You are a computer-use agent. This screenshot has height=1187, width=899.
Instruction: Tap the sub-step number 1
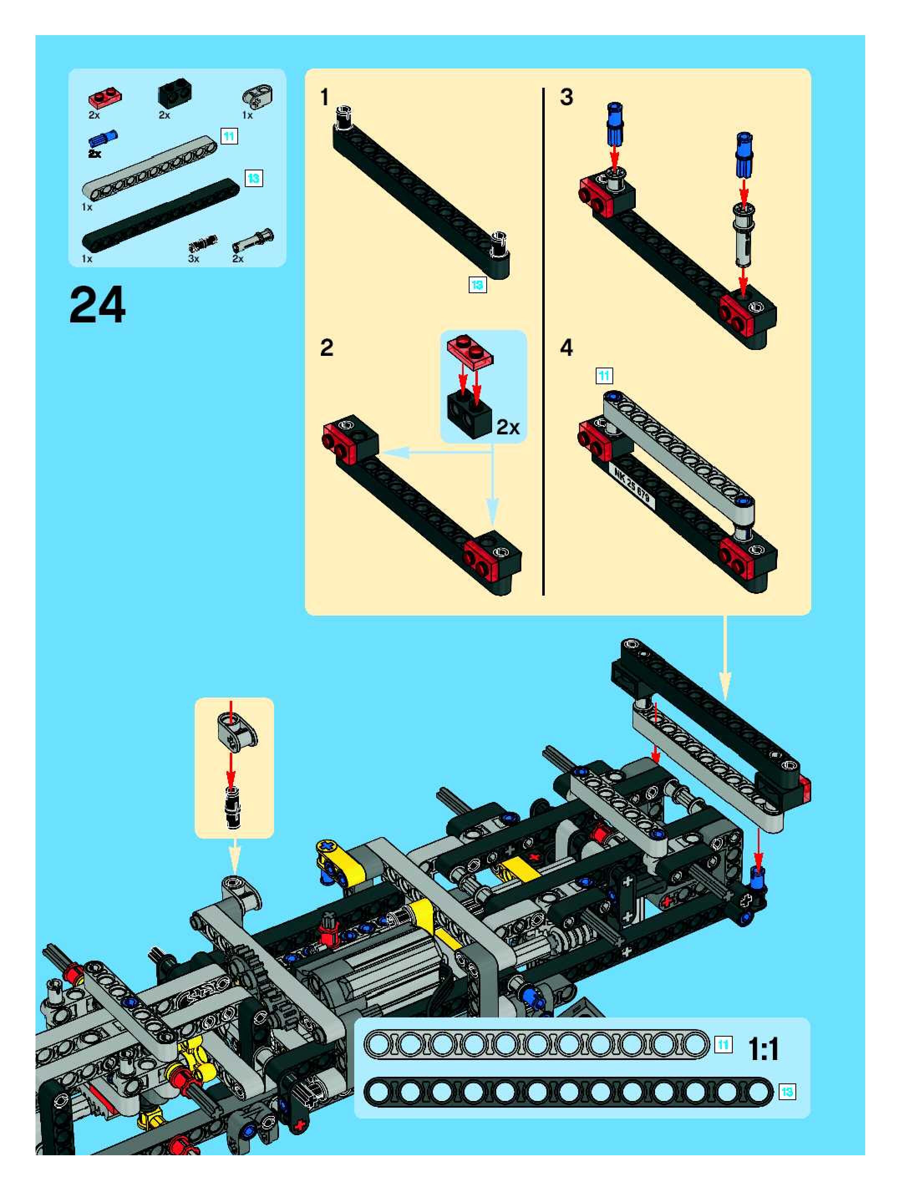click(324, 98)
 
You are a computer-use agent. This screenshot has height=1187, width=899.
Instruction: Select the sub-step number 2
click(326, 348)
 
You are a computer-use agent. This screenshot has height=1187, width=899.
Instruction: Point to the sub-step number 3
click(566, 97)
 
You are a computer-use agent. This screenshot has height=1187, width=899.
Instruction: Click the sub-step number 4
click(566, 348)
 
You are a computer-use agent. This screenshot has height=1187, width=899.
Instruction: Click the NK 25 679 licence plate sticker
click(631, 484)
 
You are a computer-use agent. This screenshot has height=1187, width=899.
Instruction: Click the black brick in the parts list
click(175, 95)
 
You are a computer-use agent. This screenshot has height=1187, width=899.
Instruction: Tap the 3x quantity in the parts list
click(193, 259)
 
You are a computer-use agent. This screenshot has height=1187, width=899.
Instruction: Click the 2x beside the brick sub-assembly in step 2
click(508, 427)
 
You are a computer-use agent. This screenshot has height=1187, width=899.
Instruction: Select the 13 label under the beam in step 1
click(477, 285)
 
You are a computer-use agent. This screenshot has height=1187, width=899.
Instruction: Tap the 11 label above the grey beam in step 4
click(604, 375)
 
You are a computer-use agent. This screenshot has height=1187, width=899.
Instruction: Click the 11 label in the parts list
click(229, 136)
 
